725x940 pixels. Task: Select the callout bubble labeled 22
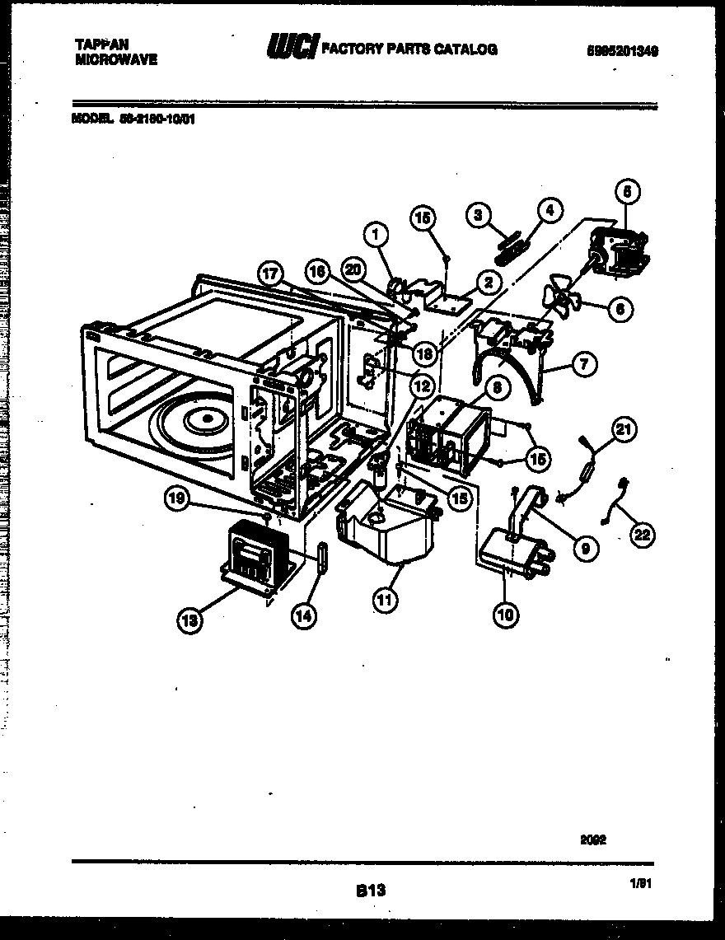point(640,535)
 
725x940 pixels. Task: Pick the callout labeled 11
point(383,600)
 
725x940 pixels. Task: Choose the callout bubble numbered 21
point(624,428)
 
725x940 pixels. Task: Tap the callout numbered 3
point(476,215)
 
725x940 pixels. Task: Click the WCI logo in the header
point(290,49)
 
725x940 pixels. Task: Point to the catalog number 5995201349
point(622,50)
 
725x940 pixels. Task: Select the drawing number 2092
point(592,839)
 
